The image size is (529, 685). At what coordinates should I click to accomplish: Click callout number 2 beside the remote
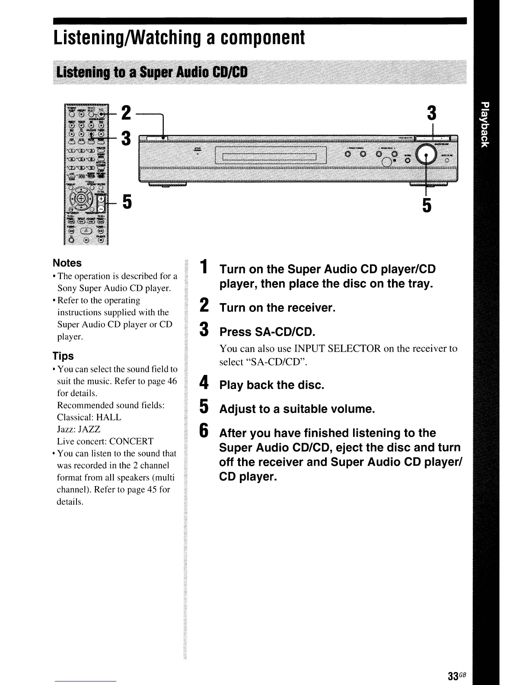tap(126, 113)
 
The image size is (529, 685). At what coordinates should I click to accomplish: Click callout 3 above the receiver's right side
tap(431, 113)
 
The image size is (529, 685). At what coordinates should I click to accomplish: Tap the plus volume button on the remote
tap(101, 198)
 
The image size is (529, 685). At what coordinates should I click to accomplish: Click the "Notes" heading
tap(67, 263)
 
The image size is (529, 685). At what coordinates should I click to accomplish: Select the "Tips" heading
tap(63, 356)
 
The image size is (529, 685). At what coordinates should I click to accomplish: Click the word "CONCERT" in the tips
tap(131, 442)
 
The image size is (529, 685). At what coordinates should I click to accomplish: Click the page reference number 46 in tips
tap(172, 381)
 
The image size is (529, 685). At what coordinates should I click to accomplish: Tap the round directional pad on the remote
tap(81, 200)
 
